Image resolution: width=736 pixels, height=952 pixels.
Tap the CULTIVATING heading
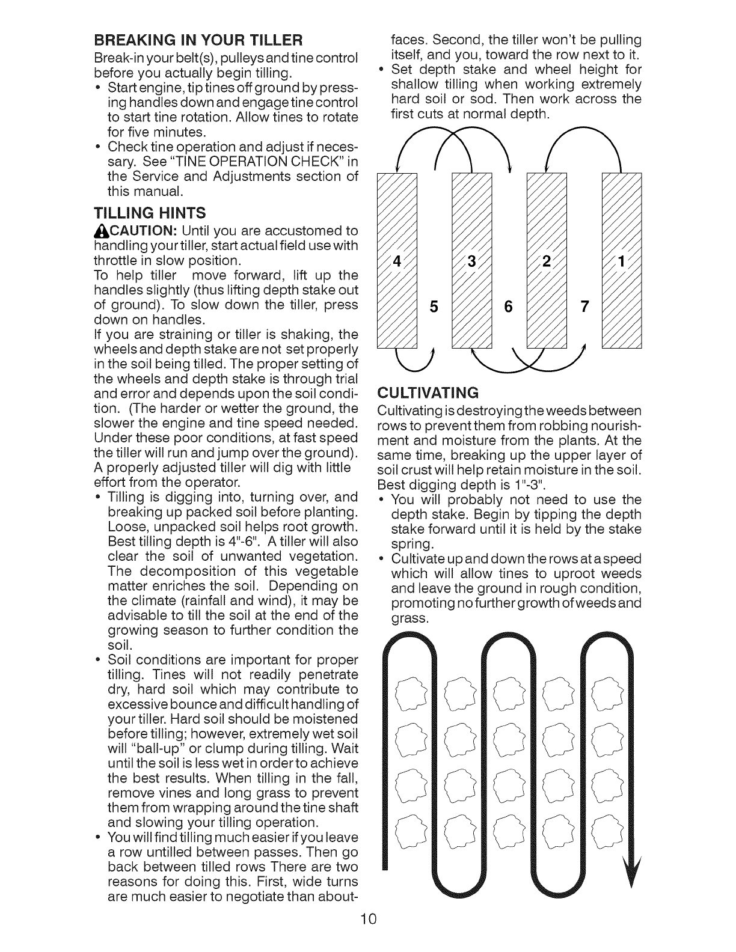click(x=427, y=393)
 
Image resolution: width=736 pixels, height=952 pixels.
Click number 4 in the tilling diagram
click(x=396, y=262)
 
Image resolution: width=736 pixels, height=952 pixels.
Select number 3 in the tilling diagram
click(x=471, y=262)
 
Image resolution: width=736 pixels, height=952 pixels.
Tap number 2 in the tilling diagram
click(x=546, y=262)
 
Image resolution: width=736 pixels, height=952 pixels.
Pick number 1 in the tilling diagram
click(x=622, y=262)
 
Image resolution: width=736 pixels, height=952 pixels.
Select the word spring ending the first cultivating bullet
click(x=412, y=544)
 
